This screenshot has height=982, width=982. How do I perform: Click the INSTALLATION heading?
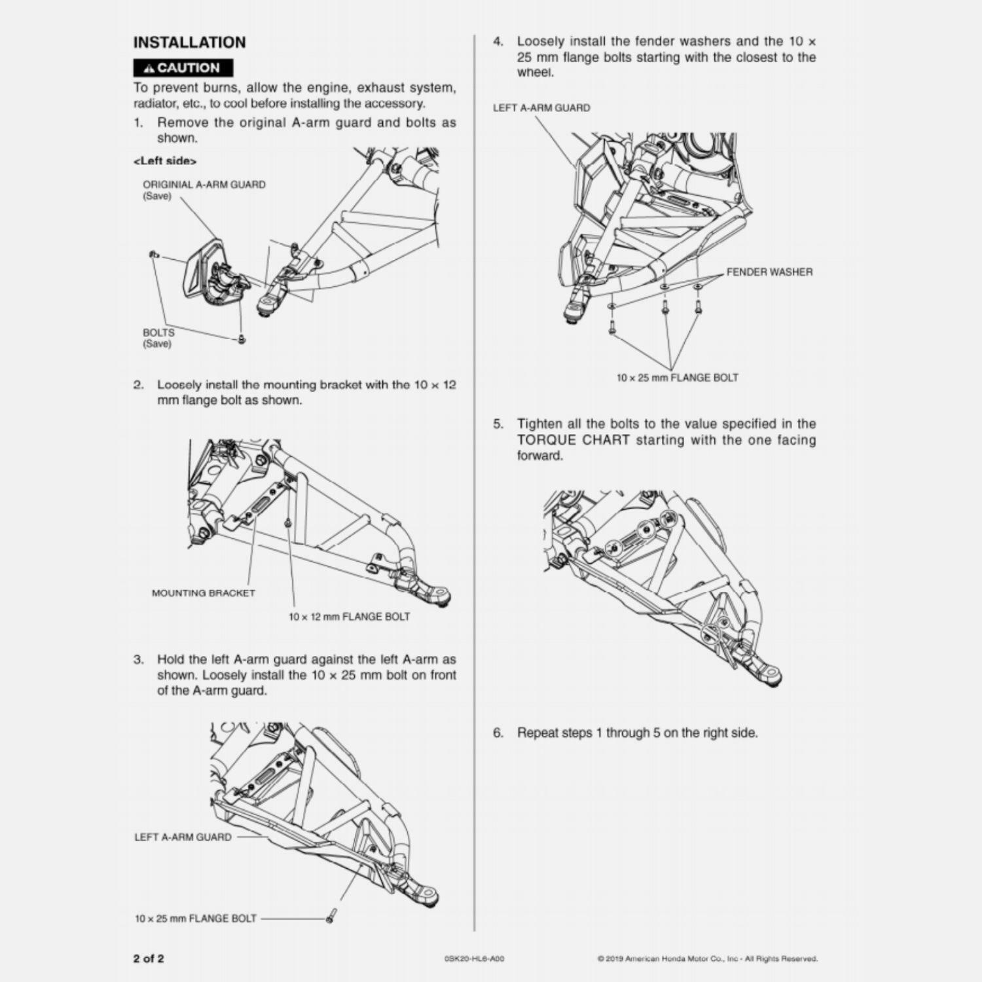point(189,43)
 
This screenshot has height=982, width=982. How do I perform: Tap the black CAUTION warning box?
point(183,67)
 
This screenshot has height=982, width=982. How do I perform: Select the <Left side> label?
point(165,161)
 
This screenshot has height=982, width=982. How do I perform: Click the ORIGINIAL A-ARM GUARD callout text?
point(204,185)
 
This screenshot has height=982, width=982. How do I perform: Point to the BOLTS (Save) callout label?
point(158,338)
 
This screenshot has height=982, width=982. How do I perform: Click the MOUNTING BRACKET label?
point(203,593)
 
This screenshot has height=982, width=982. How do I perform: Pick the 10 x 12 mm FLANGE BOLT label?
point(349,617)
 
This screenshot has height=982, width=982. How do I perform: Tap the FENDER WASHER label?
point(769,272)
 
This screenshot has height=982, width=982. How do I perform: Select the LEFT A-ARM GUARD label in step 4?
point(541,108)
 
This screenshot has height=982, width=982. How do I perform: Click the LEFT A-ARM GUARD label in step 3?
point(183,837)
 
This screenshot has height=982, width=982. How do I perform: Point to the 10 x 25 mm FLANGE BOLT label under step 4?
point(677,378)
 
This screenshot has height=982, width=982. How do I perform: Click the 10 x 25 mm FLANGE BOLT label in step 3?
point(196,918)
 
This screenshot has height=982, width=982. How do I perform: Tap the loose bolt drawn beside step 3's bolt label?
point(331,916)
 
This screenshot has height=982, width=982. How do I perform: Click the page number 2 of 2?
point(149,959)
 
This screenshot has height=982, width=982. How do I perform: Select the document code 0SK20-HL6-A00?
point(474,960)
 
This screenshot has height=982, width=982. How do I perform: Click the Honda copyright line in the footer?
point(707,960)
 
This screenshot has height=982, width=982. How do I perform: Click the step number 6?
point(498,733)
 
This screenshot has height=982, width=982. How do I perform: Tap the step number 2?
point(138,385)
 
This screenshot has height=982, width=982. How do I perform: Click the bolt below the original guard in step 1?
point(242,338)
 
